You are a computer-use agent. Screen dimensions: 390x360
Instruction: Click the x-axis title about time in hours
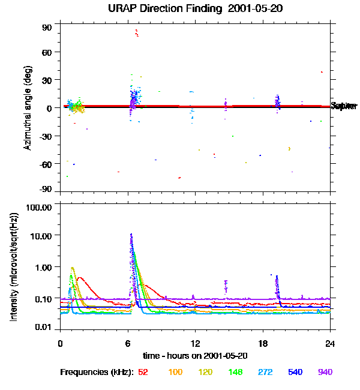(x=195, y=355)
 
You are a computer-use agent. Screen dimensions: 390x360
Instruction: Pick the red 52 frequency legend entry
(x=143, y=373)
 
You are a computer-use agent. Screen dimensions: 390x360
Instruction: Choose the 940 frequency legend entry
(x=325, y=373)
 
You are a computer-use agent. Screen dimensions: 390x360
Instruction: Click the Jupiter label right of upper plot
(x=344, y=106)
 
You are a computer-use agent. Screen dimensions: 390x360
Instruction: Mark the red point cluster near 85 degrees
(x=137, y=32)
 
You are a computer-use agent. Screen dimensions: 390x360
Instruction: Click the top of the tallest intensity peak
(x=131, y=235)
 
